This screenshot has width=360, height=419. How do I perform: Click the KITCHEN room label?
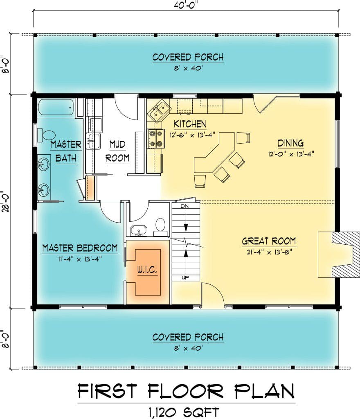[190, 124]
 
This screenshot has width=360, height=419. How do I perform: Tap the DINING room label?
[290, 143]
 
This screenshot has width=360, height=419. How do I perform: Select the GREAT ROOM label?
[269, 241]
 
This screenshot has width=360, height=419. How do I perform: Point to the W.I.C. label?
[147, 270]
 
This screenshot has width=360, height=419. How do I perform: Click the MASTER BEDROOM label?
[80, 248]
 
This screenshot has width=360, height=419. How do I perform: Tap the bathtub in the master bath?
[56, 107]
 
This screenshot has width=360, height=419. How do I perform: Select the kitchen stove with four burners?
[156, 138]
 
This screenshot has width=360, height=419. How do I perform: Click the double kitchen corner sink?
[160, 110]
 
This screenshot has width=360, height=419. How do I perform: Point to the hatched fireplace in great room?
[344, 255]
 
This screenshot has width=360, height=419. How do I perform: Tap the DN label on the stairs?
[184, 206]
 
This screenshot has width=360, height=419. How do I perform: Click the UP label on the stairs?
[185, 278]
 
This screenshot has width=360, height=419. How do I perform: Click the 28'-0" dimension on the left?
[6, 201]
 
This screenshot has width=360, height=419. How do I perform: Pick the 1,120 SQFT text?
[184, 412]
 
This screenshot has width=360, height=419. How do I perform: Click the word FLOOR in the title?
[185, 391]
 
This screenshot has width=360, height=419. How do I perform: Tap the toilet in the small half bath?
[160, 226]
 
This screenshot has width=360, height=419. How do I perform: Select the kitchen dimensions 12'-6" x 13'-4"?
[192, 135]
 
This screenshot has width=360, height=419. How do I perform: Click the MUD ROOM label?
[117, 151]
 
